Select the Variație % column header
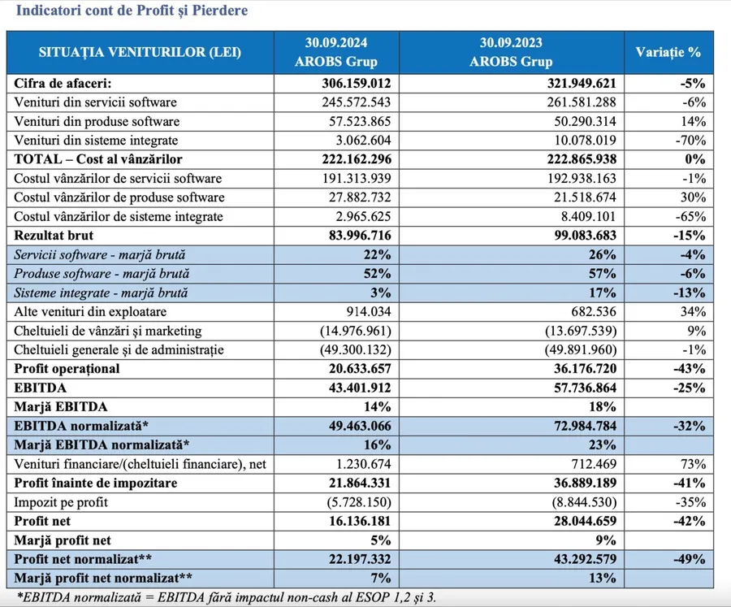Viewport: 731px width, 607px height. [x=668, y=52]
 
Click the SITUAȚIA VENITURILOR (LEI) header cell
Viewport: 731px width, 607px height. [x=140, y=52]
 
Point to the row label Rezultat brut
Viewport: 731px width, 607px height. [x=54, y=236]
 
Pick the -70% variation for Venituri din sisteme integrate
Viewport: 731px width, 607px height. [x=689, y=141]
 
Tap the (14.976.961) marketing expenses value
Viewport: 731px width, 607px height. [x=347, y=331]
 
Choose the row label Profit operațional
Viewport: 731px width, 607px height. [x=67, y=369]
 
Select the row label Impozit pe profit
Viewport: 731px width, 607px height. [x=62, y=502]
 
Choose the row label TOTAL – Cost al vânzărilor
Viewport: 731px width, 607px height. [x=98, y=159]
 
